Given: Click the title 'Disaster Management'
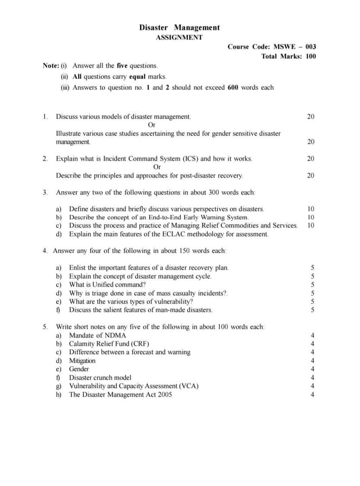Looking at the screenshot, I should click(x=179, y=27).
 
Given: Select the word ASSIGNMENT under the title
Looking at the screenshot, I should click(x=179, y=37).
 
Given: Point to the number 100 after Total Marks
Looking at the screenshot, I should click(x=311, y=56).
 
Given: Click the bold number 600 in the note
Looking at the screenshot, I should click(x=233, y=87).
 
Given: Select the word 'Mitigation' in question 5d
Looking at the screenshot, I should click(x=82, y=361).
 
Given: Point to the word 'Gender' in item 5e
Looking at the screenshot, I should click(x=79, y=369).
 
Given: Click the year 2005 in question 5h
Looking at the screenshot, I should click(x=163, y=394).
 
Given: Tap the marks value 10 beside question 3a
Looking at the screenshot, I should click(x=311, y=209).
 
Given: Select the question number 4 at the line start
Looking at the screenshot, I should click(x=45, y=251).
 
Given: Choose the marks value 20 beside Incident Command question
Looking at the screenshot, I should click(x=311, y=159).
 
